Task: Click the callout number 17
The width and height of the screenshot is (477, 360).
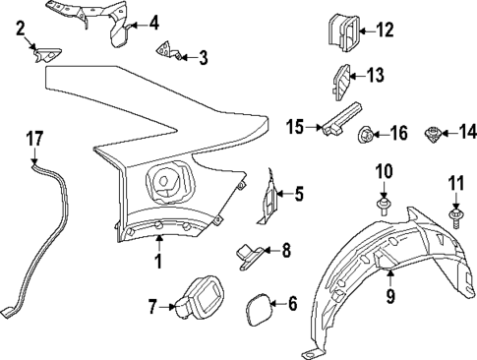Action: click(34, 140)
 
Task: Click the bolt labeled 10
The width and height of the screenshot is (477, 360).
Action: click(384, 206)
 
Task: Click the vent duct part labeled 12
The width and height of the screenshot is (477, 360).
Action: click(339, 31)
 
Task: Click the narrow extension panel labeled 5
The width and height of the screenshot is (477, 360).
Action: click(267, 196)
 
